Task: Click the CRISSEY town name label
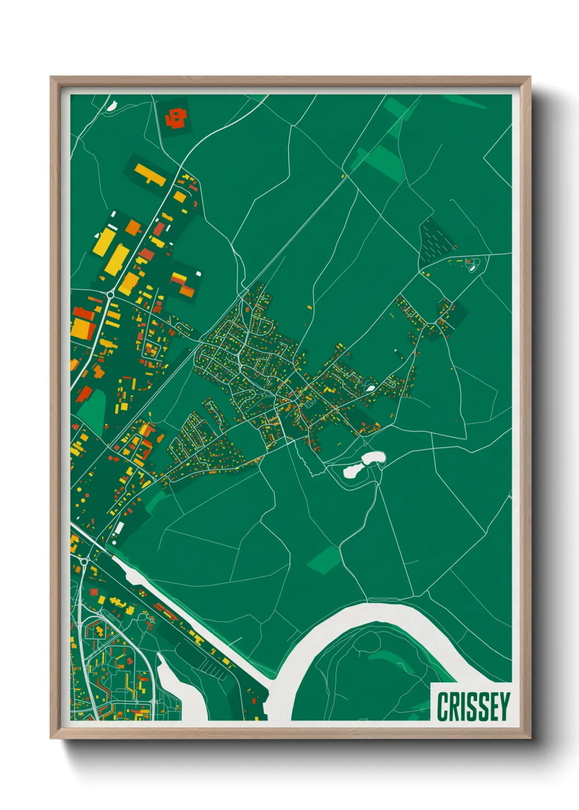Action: (x=473, y=707)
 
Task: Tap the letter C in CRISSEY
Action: (x=443, y=707)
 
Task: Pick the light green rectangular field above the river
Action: (x=324, y=560)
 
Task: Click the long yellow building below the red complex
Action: (x=149, y=173)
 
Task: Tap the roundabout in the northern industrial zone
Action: (x=110, y=294)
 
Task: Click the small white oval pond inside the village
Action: (x=370, y=388)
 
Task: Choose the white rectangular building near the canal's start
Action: (x=118, y=529)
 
